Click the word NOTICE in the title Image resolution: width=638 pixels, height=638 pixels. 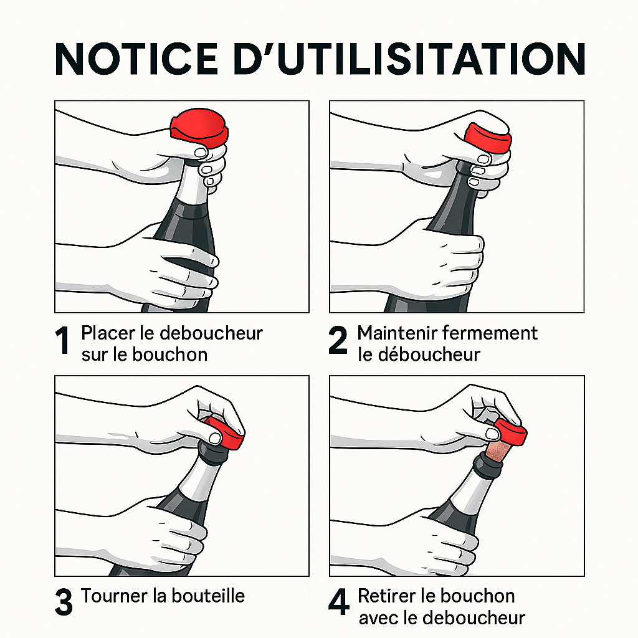[x=136, y=59]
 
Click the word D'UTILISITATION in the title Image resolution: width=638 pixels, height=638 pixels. [x=410, y=59]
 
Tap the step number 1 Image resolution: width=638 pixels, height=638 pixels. [x=62, y=340]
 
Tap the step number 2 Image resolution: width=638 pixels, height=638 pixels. [x=338, y=340]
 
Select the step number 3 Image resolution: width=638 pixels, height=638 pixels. [x=64, y=602]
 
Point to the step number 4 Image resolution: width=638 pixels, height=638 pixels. [x=339, y=602]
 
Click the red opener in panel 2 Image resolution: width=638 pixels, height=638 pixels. [x=488, y=138]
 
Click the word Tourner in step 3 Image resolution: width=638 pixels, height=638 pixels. [x=114, y=596]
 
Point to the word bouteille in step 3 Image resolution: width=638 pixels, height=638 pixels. [x=208, y=596]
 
